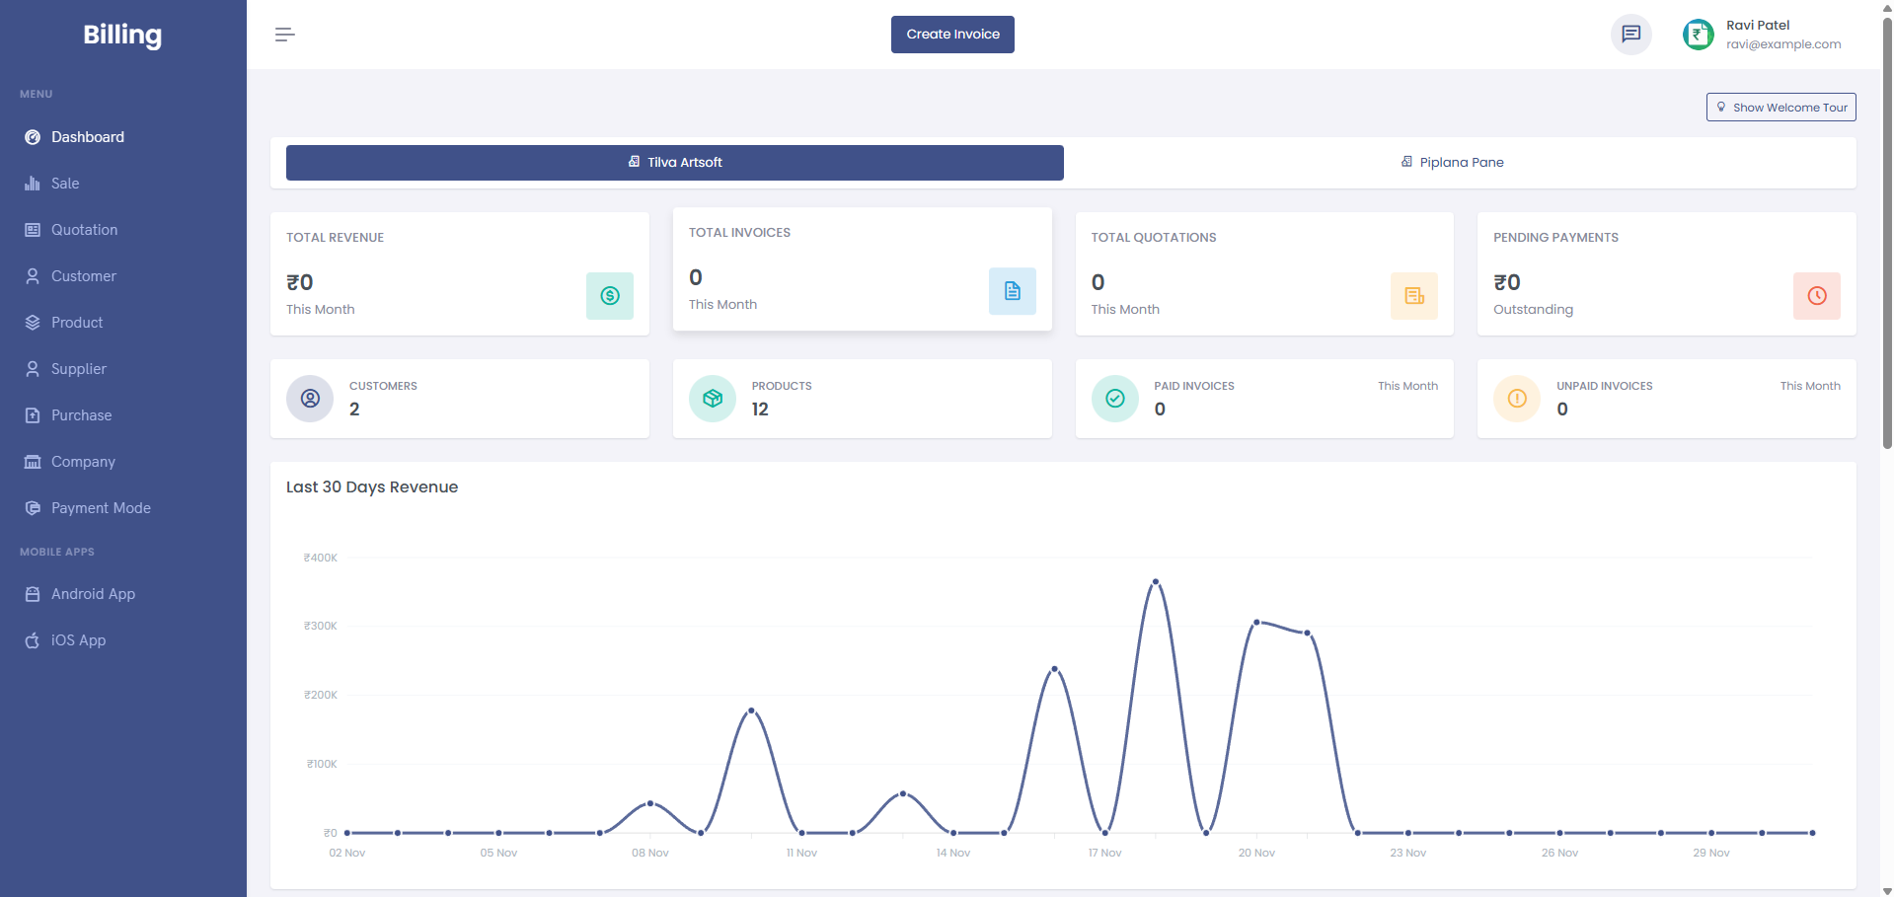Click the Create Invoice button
[952, 35]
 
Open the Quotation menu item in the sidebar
[84, 230]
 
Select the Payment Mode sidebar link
[101, 508]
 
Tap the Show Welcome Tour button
[1780, 108]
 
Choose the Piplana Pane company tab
[1460, 163]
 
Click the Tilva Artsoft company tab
[675, 163]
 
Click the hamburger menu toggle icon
[285, 35]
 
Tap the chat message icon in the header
[1630, 35]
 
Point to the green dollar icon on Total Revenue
[610, 296]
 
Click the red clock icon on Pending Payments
[1816, 296]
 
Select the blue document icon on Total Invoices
[1012, 291]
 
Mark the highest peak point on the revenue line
[1155, 582]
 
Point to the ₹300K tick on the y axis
[321, 627]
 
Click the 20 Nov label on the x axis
[1256, 853]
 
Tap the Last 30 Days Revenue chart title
[372, 487]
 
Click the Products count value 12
[760, 410]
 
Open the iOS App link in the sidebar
[78, 640]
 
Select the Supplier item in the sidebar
[78, 369]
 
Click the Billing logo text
[122, 35]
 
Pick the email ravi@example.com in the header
[1783, 44]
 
